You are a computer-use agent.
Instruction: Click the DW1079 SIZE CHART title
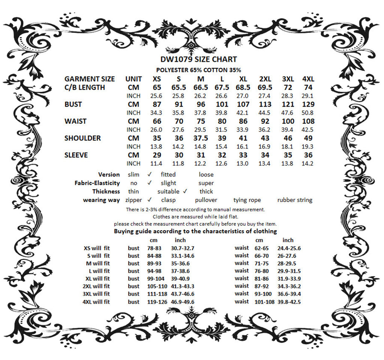[198, 59]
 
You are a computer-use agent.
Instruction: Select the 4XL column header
[308, 79]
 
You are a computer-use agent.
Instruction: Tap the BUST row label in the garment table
[73, 104]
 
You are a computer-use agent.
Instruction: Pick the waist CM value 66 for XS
[157, 121]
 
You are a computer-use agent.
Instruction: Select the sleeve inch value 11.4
[157, 163]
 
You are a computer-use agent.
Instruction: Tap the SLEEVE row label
[76, 155]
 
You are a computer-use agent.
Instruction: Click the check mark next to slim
[149, 174]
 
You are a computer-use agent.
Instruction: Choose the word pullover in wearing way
[206, 200]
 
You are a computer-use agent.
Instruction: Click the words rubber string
[295, 200]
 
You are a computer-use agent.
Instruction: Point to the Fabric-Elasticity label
[97, 183]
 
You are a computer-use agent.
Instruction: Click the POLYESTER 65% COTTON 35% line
[198, 70]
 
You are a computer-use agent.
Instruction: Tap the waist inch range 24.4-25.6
[289, 248]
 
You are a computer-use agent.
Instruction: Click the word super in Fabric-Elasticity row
[206, 183]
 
